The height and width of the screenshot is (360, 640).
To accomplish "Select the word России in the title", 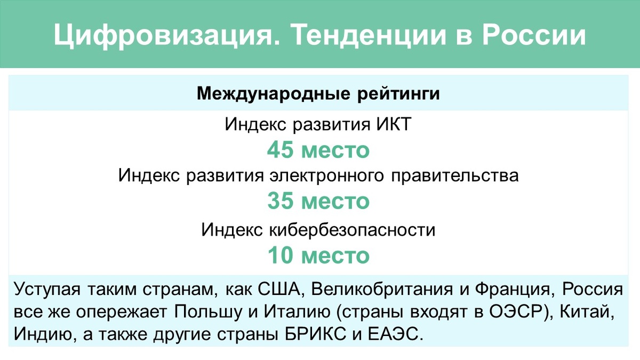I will (x=534, y=35).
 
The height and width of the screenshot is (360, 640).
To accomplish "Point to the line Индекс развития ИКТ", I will (x=318, y=125).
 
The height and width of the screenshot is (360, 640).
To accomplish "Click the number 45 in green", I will (x=281, y=150).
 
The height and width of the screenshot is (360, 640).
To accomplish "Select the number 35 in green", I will (x=281, y=201).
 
